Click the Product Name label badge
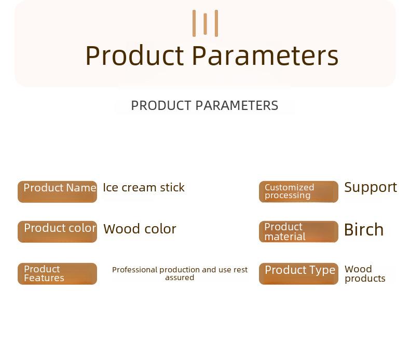[x=57, y=191]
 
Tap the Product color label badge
[x=57, y=232]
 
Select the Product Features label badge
[x=57, y=274]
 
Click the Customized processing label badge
[x=298, y=191]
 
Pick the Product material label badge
[x=298, y=232]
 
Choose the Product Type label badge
[x=298, y=274]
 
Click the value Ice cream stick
[x=144, y=187]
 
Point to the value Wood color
[x=140, y=229]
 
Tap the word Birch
[x=364, y=230]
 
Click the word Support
[x=371, y=188]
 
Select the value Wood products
[x=365, y=274]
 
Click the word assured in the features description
[x=180, y=278]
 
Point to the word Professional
[x=135, y=270]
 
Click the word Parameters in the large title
[x=265, y=56]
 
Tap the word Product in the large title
[x=135, y=56]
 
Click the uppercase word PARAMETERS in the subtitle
[x=237, y=106]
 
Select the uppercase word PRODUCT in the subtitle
[x=161, y=106]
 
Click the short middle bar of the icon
[x=206, y=24]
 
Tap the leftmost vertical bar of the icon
[x=194, y=23]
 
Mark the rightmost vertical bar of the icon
[x=216, y=23]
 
